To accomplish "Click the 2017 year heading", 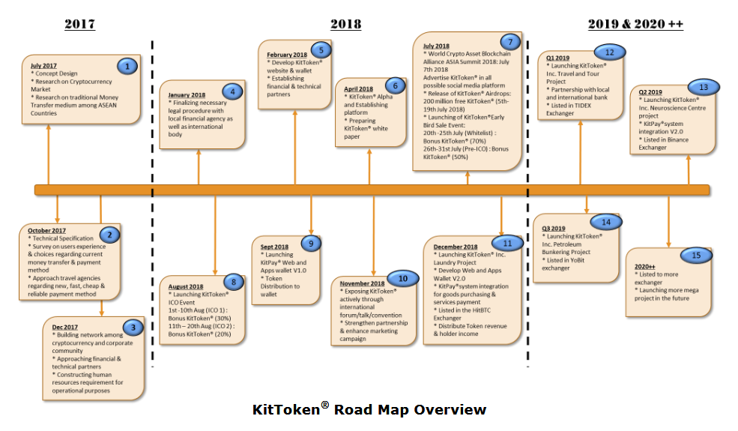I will [x=79, y=24].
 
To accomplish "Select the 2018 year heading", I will [x=345, y=24].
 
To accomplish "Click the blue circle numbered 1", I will [x=128, y=66].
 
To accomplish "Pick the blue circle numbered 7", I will [x=509, y=42].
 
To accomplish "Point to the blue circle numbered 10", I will [x=402, y=279].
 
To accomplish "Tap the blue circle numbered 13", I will [x=703, y=87].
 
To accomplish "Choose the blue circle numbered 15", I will [x=697, y=255].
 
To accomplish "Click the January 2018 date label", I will [x=187, y=95].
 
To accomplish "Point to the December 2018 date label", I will [x=456, y=247].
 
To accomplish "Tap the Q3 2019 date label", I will [x=553, y=228].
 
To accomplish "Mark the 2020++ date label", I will [x=645, y=266].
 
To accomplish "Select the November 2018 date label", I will [x=363, y=283].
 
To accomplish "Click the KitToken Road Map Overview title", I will [x=369, y=409].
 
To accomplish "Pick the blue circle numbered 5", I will [x=321, y=50].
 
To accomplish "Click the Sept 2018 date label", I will [x=274, y=247].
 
